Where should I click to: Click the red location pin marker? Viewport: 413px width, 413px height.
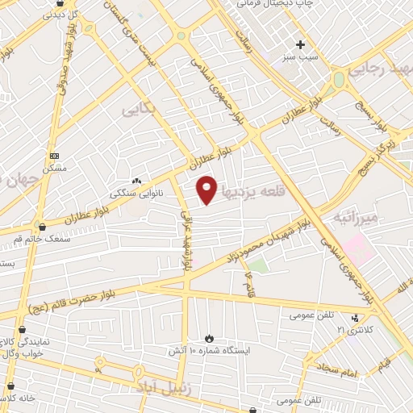[x=207, y=189]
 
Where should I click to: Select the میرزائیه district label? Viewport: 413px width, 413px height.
[x=348, y=218]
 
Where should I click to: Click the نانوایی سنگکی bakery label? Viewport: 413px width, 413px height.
[x=134, y=194]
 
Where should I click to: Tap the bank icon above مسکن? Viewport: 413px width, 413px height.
[x=54, y=156]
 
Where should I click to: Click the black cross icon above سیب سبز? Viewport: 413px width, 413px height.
[x=301, y=44]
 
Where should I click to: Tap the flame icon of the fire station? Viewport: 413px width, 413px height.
[x=209, y=337]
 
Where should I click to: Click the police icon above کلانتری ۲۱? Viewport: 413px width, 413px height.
[x=357, y=317]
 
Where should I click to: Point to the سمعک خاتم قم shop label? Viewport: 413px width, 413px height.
[x=40, y=239]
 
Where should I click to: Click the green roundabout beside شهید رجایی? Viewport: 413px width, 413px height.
[x=339, y=79]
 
